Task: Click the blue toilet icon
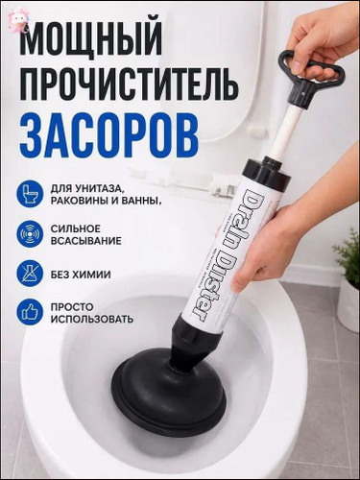click(x=30, y=194)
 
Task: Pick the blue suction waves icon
click(x=30, y=233)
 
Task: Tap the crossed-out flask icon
click(x=30, y=274)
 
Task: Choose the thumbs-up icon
click(x=30, y=313)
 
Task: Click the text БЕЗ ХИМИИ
click(x=81, y=275)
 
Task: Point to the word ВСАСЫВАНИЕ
click(x=86, y=241)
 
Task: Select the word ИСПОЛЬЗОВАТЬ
click(x=92, y=320)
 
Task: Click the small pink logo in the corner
click(x=18, y=16)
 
